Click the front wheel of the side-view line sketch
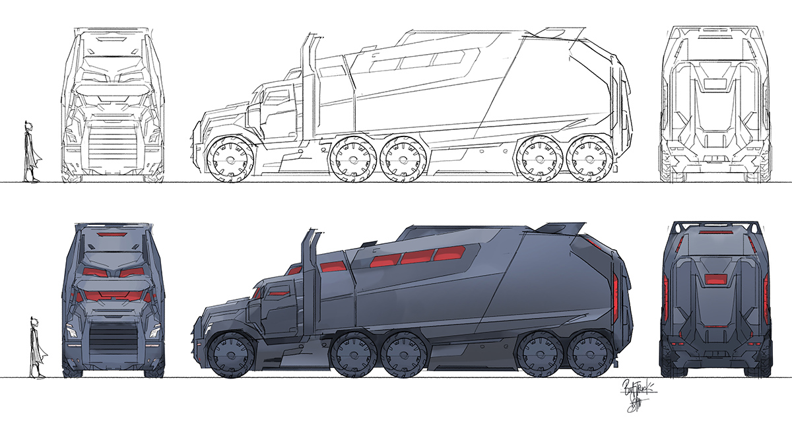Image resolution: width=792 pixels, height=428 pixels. coord(227,160)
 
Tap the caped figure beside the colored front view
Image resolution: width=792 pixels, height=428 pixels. coord(36,348)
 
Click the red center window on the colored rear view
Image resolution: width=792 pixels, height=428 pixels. coord(716,279)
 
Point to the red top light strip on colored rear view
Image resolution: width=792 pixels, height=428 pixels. coord(716,233)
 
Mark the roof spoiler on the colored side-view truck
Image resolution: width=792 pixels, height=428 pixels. coord(564,228)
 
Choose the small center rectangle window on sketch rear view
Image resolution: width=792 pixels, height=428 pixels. coord(716,84)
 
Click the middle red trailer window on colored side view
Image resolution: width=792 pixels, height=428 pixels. coord(414,258)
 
